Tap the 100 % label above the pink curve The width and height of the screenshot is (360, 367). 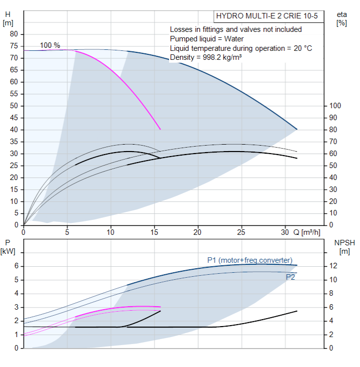[x=50, y=45]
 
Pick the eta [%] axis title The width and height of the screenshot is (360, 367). [x=342, y=19]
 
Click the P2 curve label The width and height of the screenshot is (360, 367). [x=290, y=277]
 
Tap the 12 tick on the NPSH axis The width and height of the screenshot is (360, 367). [x=333, y=266]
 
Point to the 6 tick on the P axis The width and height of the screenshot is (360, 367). [x=15, y=266]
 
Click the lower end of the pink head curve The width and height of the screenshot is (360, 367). [x=160, y=129]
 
